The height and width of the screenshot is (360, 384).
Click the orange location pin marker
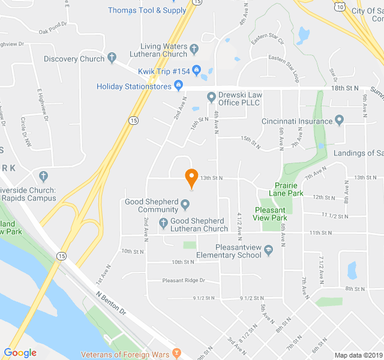coord(191,178)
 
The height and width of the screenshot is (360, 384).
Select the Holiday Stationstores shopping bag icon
coord(178,86)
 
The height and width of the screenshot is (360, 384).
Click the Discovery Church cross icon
coord(112,59)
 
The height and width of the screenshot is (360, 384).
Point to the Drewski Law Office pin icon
coord(211,97)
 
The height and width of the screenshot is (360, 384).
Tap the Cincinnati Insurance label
coord(296,121)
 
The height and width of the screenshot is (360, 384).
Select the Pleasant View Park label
coord(270,214)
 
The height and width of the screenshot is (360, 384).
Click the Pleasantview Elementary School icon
coord(269,250)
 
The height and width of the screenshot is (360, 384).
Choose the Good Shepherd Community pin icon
coord(185,206)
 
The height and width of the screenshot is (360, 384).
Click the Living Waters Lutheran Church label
coord(164,50)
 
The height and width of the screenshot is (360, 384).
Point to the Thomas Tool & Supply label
coord(147,10)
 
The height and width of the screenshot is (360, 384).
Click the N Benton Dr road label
coord(112,304)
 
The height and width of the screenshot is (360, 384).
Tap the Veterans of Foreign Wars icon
coord(176,352)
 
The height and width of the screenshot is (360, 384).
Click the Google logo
coord(20,353)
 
